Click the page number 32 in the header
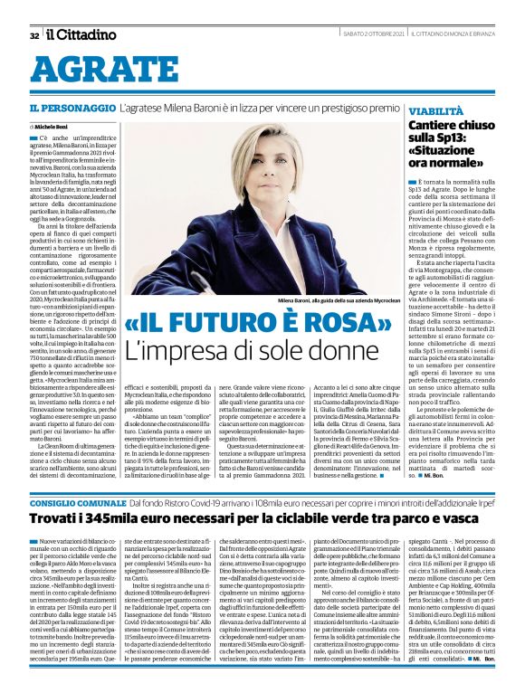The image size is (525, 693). pyautogui.click(x=33, y=35)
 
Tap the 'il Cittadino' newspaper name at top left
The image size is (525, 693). pyautogui.click(x=81, y=34)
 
